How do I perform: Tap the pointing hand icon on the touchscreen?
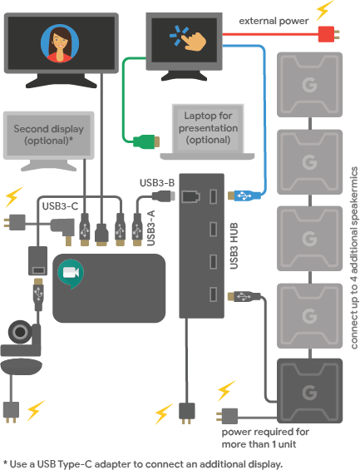(x=195, y=40)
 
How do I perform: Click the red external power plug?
(x=328, y=34)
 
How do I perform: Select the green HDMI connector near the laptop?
(x=146, y=141)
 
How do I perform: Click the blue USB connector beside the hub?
(x=244, y=196)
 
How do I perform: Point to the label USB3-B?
(x=157, y=183)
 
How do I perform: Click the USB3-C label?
(x=60, y=206)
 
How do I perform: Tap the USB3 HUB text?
(x=234, y=245)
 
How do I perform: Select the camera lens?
(x=20, y=332)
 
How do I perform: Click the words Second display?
(x=48, y=129)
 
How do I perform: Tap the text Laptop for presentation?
(x=208, y=121)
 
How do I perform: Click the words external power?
(x=274, y=21)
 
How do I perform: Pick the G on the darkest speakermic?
(x=309, y=393)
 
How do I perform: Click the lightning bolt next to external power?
(x=324, y=10)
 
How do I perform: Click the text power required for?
(x=265, y=432)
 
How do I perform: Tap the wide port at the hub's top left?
(x=191, y=196)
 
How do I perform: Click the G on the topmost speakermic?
(x=309, y=85)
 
